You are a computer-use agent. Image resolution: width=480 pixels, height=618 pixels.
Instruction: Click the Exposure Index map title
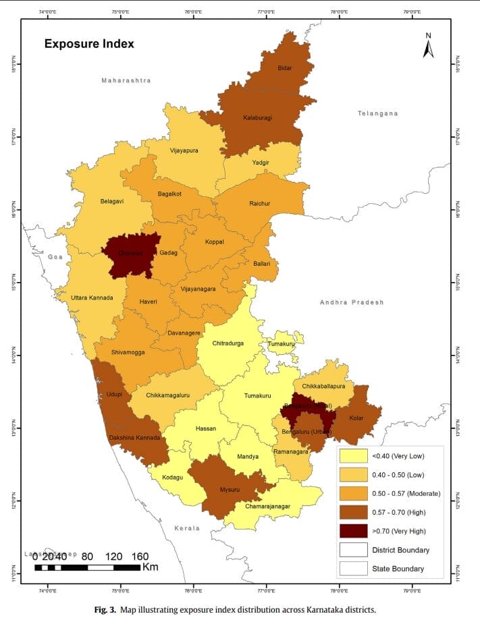89,44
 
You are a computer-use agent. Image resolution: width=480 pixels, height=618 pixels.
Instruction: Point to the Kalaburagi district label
257,118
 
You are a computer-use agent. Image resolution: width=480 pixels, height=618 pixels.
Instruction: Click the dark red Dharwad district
131,254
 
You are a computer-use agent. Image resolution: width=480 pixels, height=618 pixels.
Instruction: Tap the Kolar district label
356,418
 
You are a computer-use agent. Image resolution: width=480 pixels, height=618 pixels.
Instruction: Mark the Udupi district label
111,395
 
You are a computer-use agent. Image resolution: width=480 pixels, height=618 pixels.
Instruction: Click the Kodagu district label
173,477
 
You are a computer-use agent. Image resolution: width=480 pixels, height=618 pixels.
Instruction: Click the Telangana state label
378,113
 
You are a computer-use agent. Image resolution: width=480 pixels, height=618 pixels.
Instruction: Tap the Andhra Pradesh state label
351,302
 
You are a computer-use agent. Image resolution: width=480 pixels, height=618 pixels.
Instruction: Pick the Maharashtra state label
126,80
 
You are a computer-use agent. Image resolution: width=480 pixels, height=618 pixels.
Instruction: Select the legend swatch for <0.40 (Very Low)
354,456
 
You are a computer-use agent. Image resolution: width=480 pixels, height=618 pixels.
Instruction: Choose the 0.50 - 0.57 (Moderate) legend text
406,494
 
